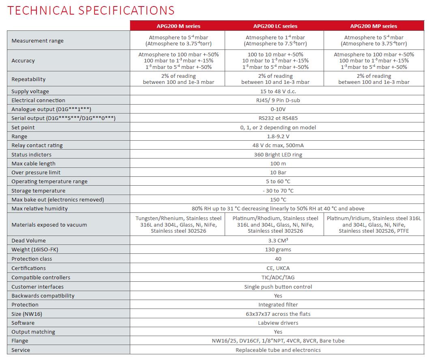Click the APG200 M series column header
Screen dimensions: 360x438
178,26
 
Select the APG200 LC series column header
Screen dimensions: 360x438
275,26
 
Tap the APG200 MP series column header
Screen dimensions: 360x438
374,26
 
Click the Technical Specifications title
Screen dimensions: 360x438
91,10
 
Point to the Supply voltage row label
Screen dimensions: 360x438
30,92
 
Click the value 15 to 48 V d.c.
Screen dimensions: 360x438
278,92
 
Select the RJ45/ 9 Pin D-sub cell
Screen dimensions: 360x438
278,101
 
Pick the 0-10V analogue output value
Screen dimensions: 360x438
278,109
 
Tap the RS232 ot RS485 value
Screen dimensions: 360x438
278,118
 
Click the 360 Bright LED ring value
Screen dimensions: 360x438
278,154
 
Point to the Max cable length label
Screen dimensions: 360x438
33,163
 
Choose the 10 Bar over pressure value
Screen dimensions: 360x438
278,173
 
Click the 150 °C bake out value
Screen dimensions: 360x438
278,199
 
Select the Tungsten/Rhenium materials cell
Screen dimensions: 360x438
178,225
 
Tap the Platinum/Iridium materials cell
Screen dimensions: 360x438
374,225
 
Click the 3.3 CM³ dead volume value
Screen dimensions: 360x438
278,241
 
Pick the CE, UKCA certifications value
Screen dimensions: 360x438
278,268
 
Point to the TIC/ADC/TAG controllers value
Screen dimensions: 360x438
278,277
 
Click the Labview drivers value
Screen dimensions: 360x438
278,323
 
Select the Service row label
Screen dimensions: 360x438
21,350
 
